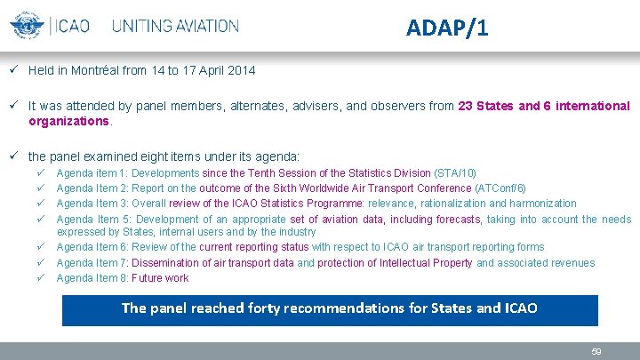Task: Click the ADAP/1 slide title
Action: click(446, 28)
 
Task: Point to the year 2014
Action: click(241, 69)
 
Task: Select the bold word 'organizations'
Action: click(69, 120)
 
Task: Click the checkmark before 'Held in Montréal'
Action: click(15, 69)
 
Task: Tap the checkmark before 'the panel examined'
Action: click(15, 156)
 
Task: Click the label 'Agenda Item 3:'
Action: click(92, 204)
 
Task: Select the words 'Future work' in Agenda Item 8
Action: click(159, 278)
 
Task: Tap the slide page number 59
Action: click(596, 352)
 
